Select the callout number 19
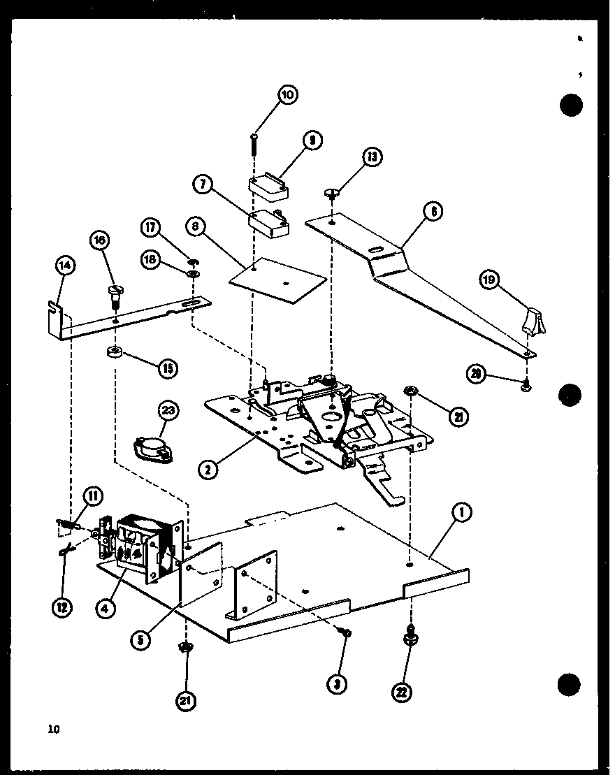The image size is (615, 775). pyautogui.click(x=489, y=280)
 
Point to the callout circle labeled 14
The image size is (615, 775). pyautogui.click(x=66, y=265)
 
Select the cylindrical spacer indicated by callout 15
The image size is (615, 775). pyautogui.click(x=115, y=352)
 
